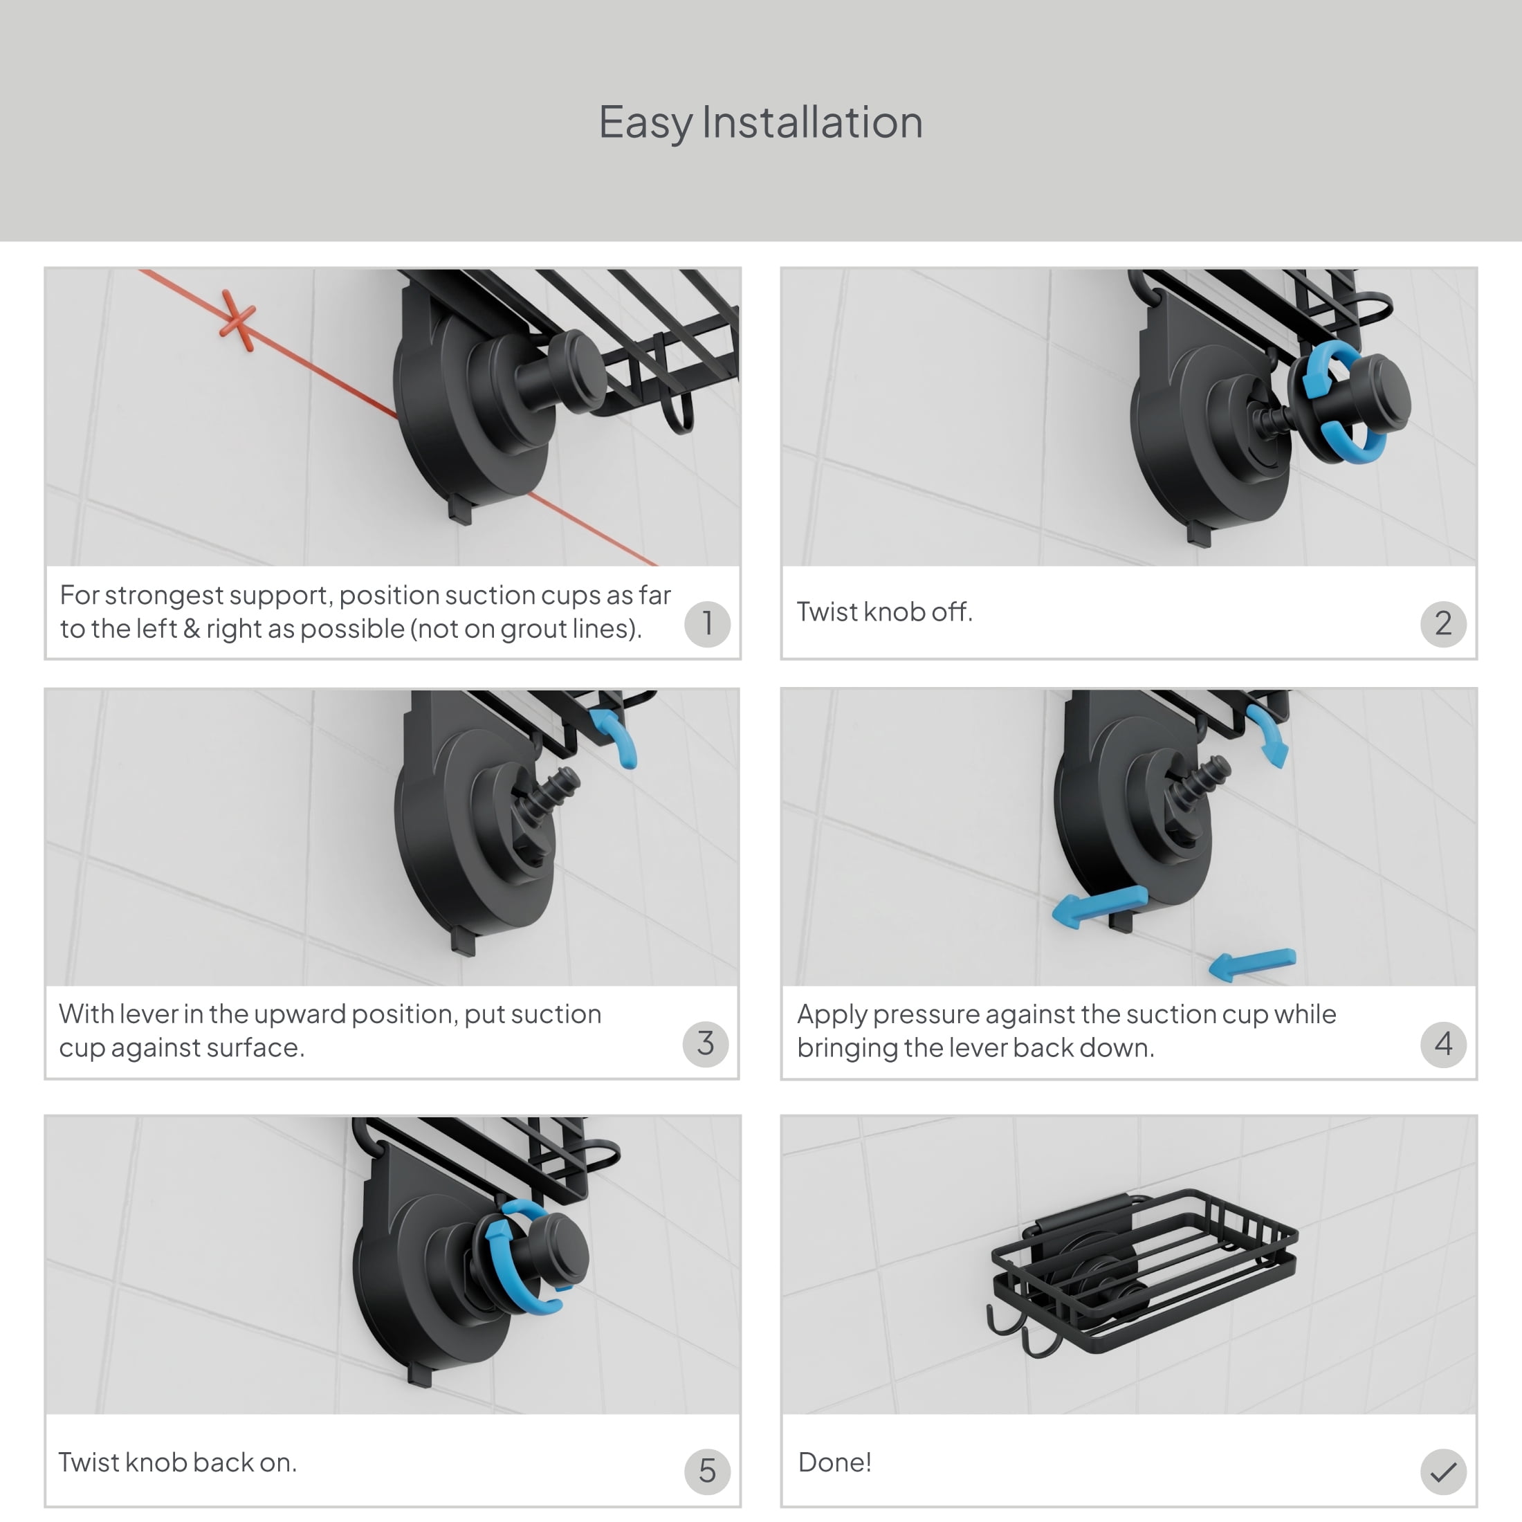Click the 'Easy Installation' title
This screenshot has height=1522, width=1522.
[x=760, y=123]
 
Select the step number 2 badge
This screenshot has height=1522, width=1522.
[x=1443, y=624]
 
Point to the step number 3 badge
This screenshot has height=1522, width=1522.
[x=706, y=1044]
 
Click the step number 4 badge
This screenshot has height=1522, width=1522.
[x=1443, y=1044]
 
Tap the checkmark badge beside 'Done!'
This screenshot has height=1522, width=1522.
[x=1443, y=1471]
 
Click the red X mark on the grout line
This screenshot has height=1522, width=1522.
[x=237, y=320]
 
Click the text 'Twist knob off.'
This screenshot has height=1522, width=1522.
[x=885, y=612]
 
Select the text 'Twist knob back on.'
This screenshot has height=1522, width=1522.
[x=177, y=1462]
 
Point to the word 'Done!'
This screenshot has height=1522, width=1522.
[x=834, y=1462]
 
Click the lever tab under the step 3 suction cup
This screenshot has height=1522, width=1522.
[x=464, y=942]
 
